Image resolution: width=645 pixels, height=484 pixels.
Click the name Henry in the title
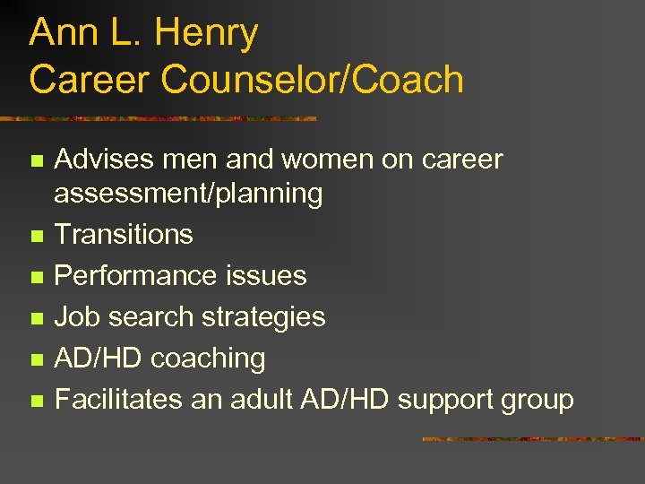point(206,34)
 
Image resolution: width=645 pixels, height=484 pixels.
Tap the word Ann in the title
point(58,34)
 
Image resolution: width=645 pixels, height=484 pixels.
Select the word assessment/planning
point(188,193)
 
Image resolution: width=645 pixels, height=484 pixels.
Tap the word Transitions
point(124,234)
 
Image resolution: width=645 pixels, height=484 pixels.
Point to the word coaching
point(208,358)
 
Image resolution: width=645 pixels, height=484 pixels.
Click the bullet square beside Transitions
point(35,236)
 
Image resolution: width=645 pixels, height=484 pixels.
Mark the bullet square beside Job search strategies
point(35,318)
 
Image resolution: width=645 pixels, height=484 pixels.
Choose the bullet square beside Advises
point(35,161)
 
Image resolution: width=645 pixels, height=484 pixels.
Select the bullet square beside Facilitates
point(35,401)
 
